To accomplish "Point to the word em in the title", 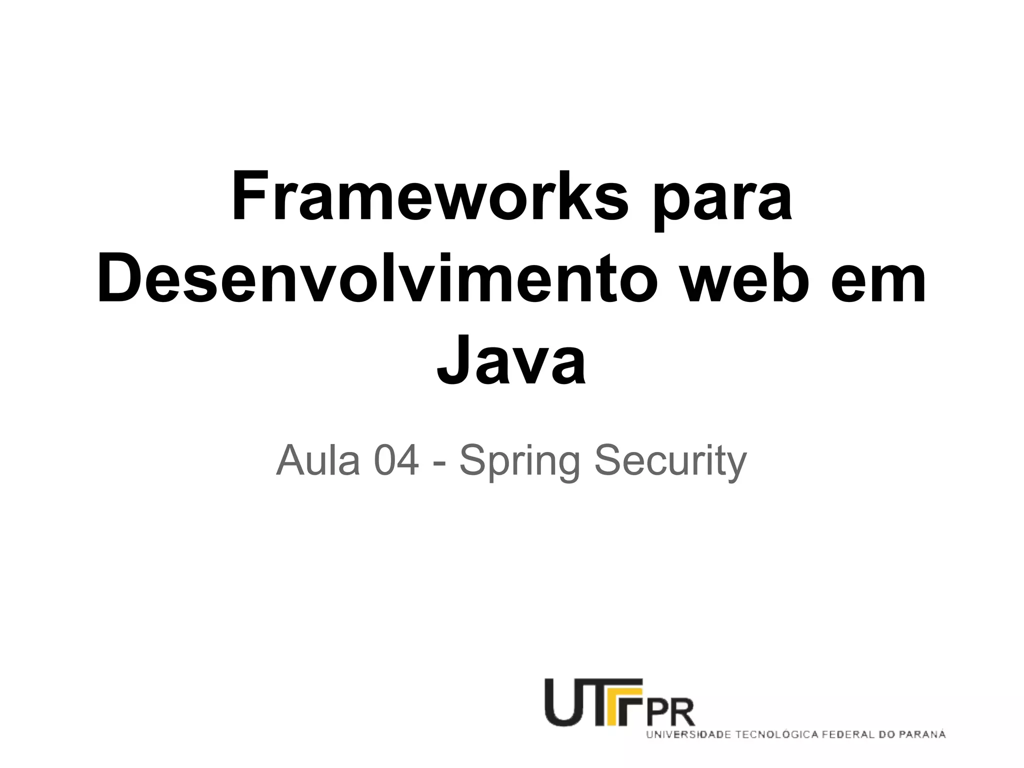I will pos(878,280).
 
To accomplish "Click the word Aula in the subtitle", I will pos(318,460).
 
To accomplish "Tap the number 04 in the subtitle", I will pos(396,460).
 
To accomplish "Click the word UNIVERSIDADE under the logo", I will pos(689,735).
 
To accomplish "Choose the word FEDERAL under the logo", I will pos(850,735).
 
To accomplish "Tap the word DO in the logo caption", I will pos(889,735).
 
